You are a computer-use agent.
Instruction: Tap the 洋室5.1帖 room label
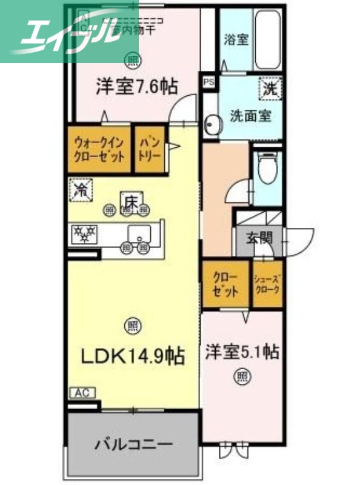click(x=241, y=352)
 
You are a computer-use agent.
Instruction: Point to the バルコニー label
click(x=133, y=444)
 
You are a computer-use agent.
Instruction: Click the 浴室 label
click(x=236, y=41)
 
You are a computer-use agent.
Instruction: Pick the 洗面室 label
click(x=250, y=115)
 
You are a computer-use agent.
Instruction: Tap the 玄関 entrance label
click(x=258, y=237)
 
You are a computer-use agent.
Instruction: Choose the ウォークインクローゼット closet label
click(x=100, y=149)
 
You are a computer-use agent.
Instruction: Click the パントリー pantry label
click(x=150, y=149)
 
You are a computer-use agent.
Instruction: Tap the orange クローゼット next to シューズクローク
click(x=225, y=283)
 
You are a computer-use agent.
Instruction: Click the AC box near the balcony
click(x=82, y=393)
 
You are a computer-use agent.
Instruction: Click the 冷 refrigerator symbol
click(x=81, y=190)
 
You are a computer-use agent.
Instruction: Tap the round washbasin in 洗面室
click(x=212, y=126)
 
